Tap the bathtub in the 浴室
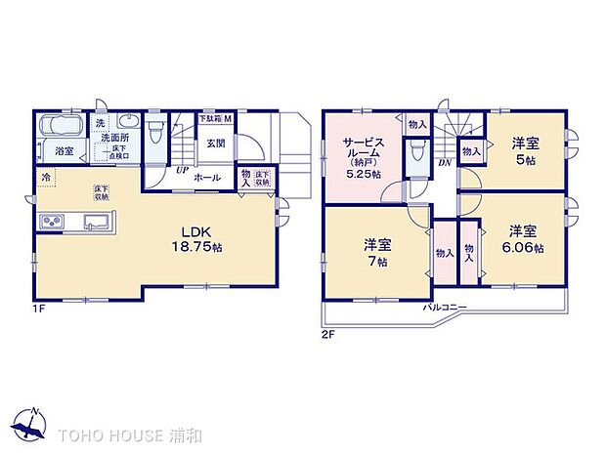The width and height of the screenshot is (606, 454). (x=63, y=128)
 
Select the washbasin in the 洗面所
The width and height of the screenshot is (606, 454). (x=124, y=122)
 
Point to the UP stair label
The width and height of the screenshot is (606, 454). (x=182, y=168)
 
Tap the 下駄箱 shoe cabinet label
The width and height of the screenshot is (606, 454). (x=214, y=118)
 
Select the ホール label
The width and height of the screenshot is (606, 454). (x=206, y=178)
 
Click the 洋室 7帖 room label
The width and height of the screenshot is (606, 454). (x=377, y=253)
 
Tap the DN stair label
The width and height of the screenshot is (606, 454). (x=444, y=164)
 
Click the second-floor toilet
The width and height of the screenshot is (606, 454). (x=418, y=148)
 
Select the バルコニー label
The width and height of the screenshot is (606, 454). (x=444, y=308)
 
